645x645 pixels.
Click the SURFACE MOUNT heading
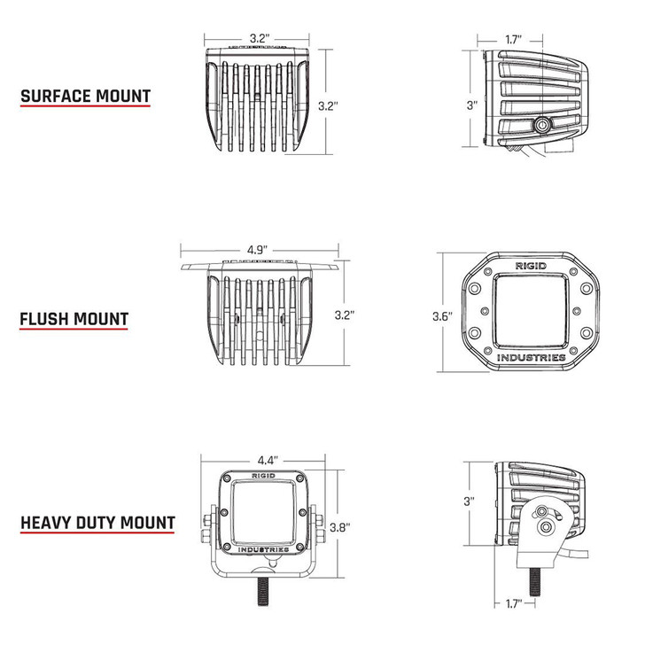point(85,97)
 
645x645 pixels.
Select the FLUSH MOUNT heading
point(74,318)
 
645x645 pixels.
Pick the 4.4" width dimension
point(268,460)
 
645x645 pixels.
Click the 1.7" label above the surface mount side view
point(512,40)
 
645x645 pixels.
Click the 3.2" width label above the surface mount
point(259,38)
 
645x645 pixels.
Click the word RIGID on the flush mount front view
point(531,264)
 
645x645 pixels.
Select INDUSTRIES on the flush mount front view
point(531,357)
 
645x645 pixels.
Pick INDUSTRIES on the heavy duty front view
point(263,550)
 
